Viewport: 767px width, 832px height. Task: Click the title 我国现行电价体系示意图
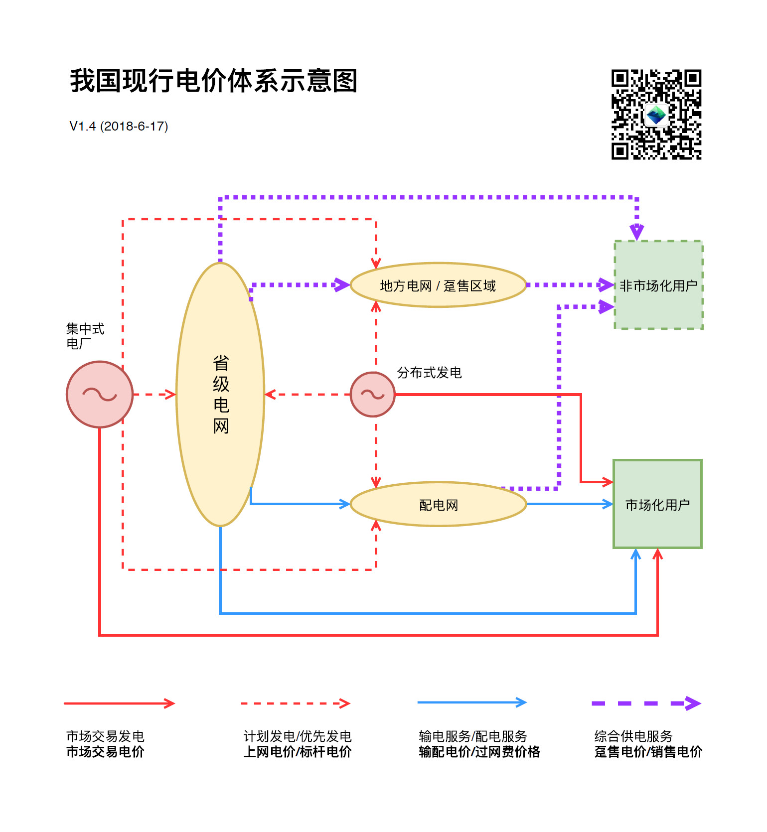point(213,81)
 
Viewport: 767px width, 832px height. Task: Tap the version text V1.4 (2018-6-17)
point(119,126)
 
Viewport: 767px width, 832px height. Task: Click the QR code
point(656,115)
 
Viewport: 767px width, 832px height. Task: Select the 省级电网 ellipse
point(220,394)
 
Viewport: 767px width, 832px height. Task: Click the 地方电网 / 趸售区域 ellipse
point(438,285)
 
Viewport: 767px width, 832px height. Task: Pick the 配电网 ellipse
point(438,505)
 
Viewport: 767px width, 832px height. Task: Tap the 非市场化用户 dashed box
point(658,285)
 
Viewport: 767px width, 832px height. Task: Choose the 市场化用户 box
point(657,504)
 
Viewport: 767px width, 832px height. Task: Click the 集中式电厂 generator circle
point(100,394)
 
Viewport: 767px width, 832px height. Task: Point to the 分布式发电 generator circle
point(372,394)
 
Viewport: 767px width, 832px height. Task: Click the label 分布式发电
point(429,373)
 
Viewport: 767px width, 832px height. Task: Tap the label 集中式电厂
point(85,336)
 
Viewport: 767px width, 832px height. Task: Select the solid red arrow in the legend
point(119,703)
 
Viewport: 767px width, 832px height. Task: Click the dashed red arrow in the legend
point(296,703)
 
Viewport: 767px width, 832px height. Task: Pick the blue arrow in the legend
point(472,702)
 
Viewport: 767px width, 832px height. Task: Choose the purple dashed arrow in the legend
point(646,703)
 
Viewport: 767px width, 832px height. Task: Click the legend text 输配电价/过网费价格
point(479,751)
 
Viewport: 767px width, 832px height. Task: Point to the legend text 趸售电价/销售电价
point(648,751)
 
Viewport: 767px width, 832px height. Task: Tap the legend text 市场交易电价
point(105,751)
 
